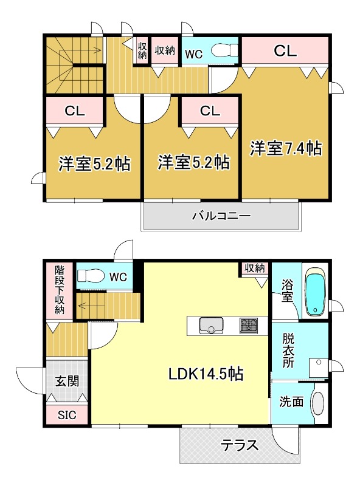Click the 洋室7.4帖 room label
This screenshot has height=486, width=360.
tap(286, 148)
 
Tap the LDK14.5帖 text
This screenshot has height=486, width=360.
tap(206, 374)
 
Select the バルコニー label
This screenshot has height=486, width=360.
tap(221, 216)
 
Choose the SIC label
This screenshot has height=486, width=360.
tap(67, 416)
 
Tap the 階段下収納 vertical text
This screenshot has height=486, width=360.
tap(59, 289)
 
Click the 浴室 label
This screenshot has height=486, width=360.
tap(288, 290)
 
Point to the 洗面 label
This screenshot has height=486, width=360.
tap(288, 402)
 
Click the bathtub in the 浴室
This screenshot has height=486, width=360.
tap(314, 291)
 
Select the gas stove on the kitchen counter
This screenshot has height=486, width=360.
tap(248, 326)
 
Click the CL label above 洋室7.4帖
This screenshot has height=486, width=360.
tap(285, 51)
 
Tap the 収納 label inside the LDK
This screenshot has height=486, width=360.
tap(255, 268)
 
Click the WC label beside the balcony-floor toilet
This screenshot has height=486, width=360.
tap(193, 53)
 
